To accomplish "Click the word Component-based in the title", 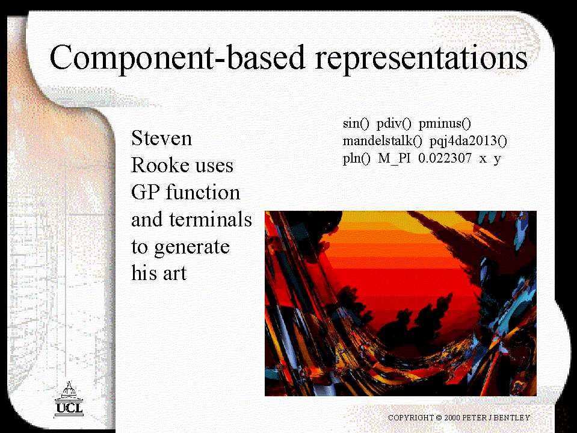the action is point(177,58).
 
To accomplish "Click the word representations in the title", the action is point(422,59).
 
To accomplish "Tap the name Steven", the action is point(161,138).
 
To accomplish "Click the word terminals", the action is point(211,219).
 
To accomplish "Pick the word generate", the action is point(192,248).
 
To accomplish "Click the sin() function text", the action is point(356,123).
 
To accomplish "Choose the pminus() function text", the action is point(445,123).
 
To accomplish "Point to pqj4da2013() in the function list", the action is point(469,142).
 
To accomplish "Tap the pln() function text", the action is point(356,159).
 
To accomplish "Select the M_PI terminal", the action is point(394,159).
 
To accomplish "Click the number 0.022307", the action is point(445,158).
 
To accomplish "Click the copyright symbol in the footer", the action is point(439,417).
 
